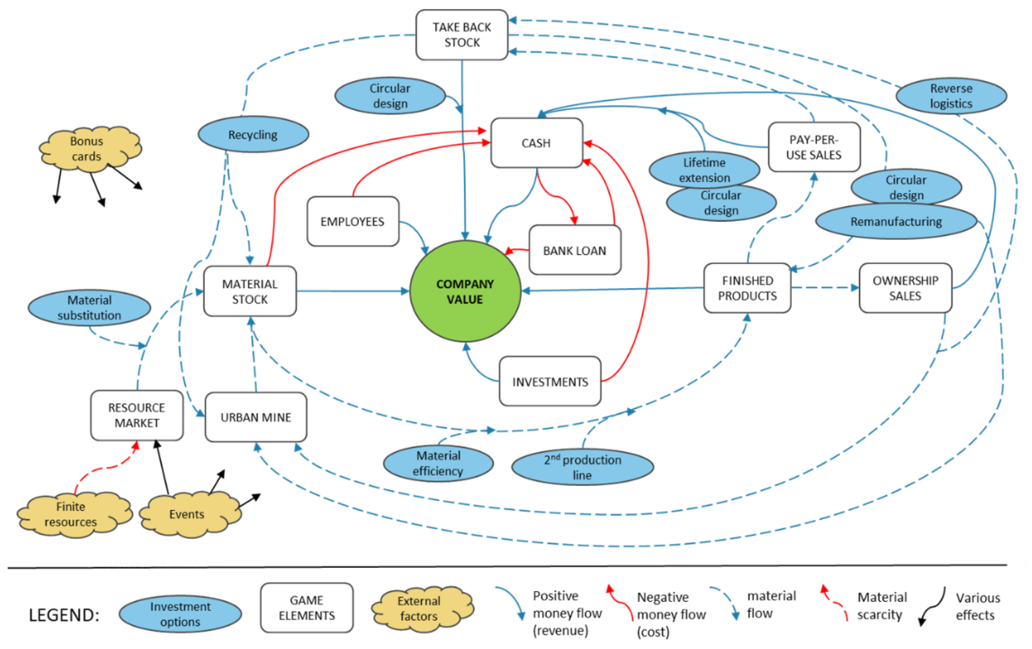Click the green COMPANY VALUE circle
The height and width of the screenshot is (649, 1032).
pos(465,291)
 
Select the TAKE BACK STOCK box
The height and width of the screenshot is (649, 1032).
pos(462,35)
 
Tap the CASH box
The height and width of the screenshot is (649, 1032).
pos(536,143)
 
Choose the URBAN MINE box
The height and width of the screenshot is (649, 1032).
pos(256,417)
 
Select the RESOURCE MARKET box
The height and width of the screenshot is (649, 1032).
pos(137,415)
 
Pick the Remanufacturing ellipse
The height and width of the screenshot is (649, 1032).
pos(896,221)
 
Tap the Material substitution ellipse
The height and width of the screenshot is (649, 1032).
pos(89,307)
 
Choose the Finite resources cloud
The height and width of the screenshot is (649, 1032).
pos(71,514)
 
